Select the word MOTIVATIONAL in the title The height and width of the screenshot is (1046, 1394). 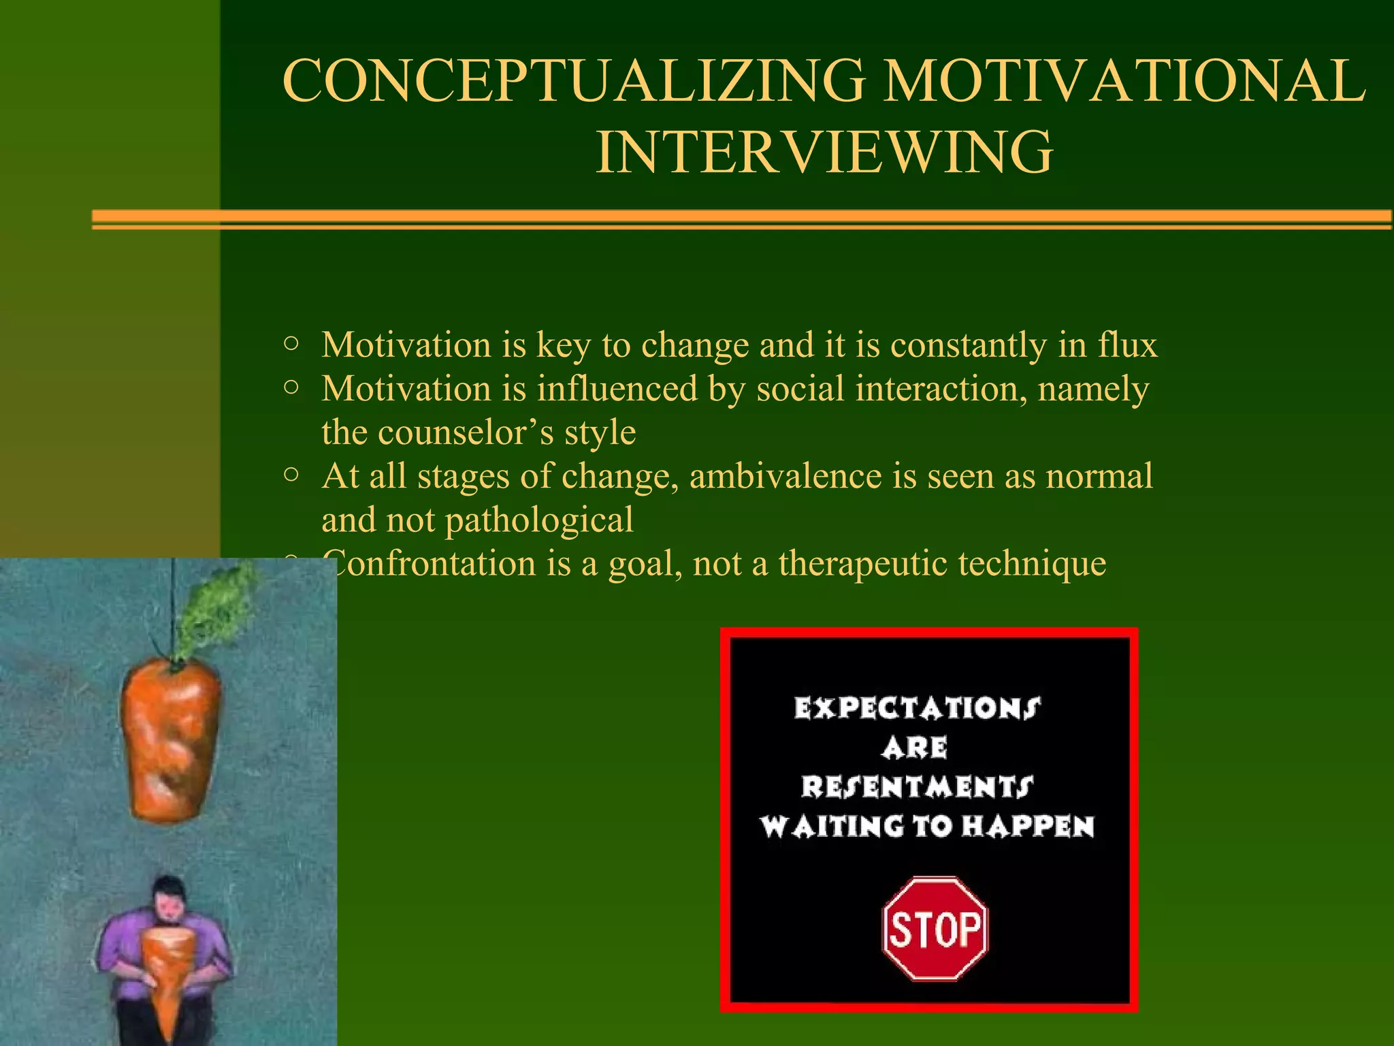(1123, 80)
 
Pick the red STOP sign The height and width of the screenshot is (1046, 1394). (935, 929)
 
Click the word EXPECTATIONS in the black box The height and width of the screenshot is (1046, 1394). (917, 708)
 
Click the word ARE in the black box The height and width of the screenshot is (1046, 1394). (915, 748)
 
